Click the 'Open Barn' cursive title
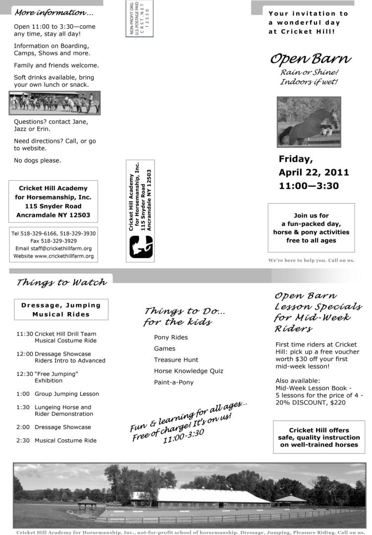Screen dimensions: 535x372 click(x=311, y=59)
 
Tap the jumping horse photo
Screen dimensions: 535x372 click(x=309, y=121)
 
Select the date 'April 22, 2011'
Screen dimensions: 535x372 click(x=314, y=172)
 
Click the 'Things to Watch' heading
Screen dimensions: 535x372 click(x=61, y=282)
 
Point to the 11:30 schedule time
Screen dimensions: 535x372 click(x=25, y=334)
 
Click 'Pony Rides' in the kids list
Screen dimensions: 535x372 click(x=171, y=337)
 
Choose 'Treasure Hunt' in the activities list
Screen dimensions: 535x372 click(x=176, y=360)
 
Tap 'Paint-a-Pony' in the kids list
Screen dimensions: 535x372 click(x=174, y=382)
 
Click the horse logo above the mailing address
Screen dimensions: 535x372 click(x=141, y=247)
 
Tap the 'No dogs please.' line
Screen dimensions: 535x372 click(x=38, y=160)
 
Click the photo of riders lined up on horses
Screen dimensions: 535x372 click(x=54, y=103)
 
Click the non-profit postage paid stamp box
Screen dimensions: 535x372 click(x=140, y=19)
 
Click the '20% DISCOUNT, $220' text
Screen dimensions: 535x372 click(x=311, y=403)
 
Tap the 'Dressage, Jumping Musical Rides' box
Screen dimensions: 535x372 click(x=61, y=310)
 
